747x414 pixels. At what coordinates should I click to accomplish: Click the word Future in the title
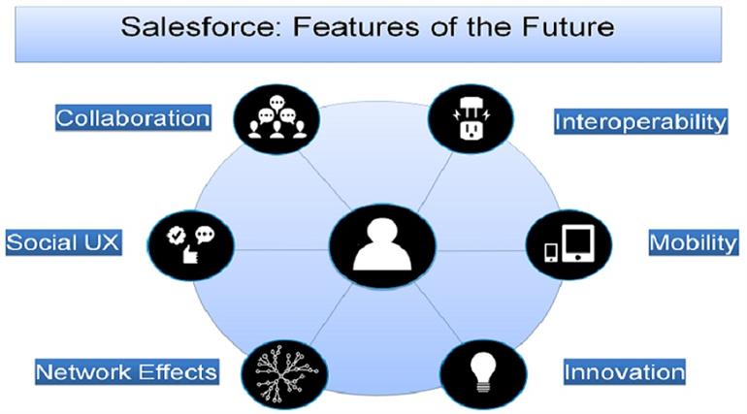click(568, 26)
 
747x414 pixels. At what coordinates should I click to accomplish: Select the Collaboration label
click(133, 118)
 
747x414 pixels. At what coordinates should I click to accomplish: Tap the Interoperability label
click(640, 121)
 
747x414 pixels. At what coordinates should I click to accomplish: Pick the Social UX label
click(63, 242)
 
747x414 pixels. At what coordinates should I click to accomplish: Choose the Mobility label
click(694, 242)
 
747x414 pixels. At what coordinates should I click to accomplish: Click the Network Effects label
click(127, 371)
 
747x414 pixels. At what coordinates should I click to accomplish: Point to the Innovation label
click(625, 371)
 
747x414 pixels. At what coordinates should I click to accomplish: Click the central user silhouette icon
click(382, 245)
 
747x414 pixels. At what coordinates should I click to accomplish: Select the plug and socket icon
click(471, 119)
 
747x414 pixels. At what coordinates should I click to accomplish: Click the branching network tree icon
click(284, 374)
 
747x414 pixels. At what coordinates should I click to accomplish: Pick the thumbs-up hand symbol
click(190, 254)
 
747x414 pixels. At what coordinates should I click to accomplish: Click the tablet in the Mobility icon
click(578, 243)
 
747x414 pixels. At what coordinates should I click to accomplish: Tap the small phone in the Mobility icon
click(551, 252)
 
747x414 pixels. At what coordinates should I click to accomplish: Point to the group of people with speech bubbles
click(276, 117)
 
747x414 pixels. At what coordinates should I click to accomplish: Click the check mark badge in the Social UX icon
click(176, 235)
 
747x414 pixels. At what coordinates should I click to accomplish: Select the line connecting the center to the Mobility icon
click(480, 251)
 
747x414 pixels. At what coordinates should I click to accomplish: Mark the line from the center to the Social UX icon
click(281, 250)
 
